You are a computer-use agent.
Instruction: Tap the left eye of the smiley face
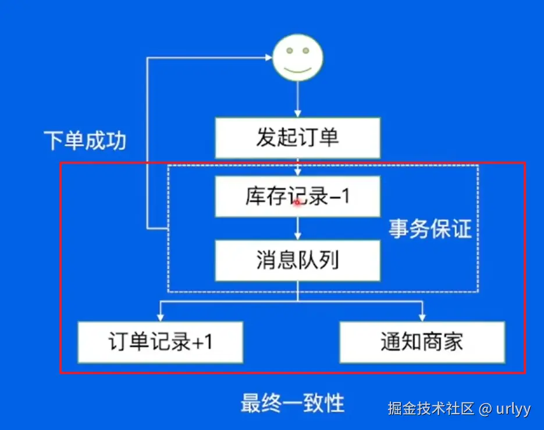coord(289,51)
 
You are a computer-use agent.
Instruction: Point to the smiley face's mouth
coord(298,69)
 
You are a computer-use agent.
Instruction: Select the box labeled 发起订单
coord(297,138)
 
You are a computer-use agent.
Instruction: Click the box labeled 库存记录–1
coord(297,197)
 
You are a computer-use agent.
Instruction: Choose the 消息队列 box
coord(297,260)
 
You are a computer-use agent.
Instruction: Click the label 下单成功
coord(85,140)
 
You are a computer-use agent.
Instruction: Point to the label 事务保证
coord(430,229)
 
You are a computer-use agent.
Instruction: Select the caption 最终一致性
coord(293,403)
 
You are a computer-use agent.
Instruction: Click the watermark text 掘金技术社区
coord(431,408)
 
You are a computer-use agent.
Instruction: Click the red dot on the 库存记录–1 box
coord(297,202)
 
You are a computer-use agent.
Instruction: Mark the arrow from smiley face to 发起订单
coord(298,99)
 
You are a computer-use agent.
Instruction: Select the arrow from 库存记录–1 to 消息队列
coord(298,228)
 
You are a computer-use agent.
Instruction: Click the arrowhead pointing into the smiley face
coord(269,57)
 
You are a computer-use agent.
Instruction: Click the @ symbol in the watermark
coord(486,409)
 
